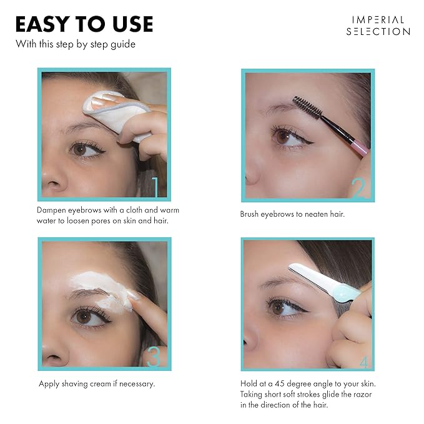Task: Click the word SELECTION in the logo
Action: tap(378, 31)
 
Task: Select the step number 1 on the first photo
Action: tap(157, 186)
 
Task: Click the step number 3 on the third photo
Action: tap(154, 357)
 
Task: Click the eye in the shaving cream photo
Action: tap(84, 317)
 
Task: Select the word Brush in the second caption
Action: tap(252, 214)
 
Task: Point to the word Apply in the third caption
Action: tap(49, 383)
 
